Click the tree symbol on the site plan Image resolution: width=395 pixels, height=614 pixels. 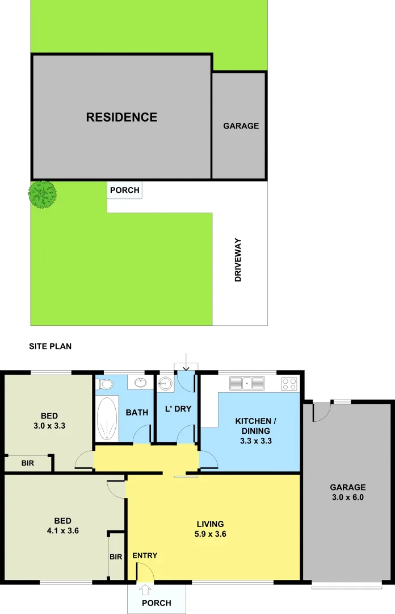42,194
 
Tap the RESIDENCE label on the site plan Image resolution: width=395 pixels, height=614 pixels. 121,117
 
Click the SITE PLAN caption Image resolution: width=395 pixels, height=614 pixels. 51,346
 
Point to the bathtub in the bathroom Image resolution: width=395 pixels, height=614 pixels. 107,418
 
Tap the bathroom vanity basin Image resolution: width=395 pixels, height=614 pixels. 140,382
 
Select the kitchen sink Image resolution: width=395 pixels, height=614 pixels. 247,384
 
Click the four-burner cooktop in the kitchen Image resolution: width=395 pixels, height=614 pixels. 289,384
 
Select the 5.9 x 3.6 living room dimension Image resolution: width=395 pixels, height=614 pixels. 210,534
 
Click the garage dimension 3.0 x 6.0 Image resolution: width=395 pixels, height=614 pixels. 348,497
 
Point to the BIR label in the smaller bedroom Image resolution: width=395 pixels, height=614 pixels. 28,463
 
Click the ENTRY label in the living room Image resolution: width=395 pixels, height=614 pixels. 145,555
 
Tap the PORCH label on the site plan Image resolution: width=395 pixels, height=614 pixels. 124,190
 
